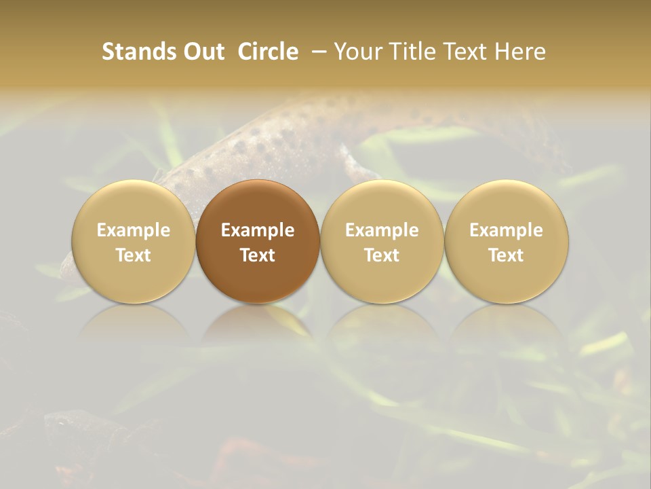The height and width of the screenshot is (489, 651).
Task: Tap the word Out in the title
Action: tap(202, 52)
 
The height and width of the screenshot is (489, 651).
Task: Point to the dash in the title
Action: tap(317, 52)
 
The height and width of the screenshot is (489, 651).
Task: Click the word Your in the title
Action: tap(357, 52)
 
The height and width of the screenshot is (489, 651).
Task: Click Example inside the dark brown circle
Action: tap(258, 230)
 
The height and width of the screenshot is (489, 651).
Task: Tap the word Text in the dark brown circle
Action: tap(258, 255)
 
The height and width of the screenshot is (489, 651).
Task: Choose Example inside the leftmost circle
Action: tap(134, 230)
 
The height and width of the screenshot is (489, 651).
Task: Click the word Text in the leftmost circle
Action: tap(134, 255)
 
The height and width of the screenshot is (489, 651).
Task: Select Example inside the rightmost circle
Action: tap(507, 230)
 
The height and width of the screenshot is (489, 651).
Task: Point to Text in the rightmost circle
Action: tap(507, 255)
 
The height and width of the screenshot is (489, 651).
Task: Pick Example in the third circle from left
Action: tap(382, 230)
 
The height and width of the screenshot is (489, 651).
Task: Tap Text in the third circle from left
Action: tap(382, 255)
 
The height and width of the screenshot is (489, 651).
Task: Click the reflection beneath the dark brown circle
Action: tap(258, 323)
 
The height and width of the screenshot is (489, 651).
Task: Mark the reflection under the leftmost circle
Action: tap(134, 323)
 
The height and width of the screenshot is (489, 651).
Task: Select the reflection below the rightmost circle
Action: tap(507, 323)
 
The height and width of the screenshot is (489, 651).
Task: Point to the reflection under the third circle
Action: tap(382, 323)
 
